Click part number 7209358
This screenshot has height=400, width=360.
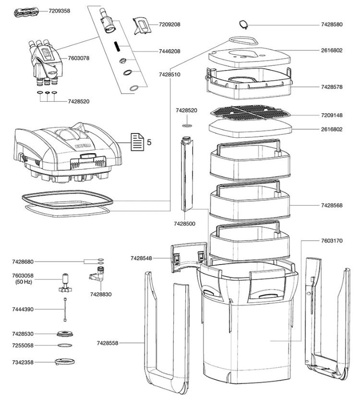pyautogui.click(x=59, y=11)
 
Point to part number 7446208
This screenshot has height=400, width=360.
pyautogui.click(x=169, y=51)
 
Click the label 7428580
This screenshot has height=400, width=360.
pyautogui.click(x=332, y=24)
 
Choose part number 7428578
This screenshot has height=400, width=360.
pyautogui.click(x=332, y=87)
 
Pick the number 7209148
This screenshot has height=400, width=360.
pyautogui.click(x=332, y=115)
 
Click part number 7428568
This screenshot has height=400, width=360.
pyautogui.click(x=332, y=206)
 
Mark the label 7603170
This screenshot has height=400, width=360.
pyautogui.click(x=332, y=241)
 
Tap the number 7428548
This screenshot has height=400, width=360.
pyautogui.click(x=142, y=258)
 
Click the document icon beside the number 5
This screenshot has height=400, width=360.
pyautogui.click(x=137, y=142)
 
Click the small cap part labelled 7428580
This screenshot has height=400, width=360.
pyautogui.click(x=244, y=24)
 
